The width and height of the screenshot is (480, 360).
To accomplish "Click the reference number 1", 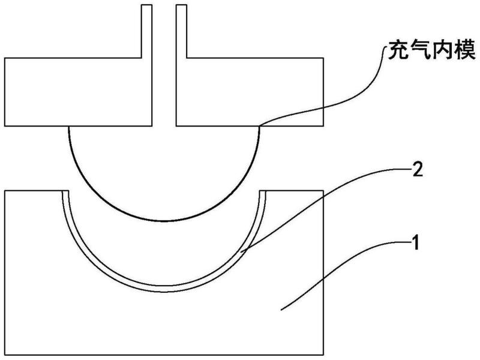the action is click(415, 243).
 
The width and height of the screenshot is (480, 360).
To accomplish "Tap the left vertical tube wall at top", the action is click(146, 31).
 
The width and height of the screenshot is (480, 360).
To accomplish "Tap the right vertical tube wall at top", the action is click(181, 31).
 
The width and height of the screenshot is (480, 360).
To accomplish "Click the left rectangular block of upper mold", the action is click(79, 92).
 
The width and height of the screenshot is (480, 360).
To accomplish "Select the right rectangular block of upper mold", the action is click(250, 92).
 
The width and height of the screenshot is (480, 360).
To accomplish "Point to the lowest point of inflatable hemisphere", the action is click(164, 221).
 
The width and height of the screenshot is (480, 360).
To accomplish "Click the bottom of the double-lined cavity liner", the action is click(164, 289).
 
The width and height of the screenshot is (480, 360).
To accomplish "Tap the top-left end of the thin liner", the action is click(65, 191).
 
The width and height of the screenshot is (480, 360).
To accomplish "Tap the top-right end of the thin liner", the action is click(263, 191).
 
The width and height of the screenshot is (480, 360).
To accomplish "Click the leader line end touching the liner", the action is click(242, 252).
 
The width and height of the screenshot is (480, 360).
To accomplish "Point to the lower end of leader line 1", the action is click(281, 310).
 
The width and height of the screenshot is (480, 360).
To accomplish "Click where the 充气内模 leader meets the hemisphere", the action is click(260, 125).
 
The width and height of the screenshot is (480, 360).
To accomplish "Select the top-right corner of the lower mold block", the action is click(323, 191).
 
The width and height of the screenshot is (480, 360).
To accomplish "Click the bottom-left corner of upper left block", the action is click(5, 126).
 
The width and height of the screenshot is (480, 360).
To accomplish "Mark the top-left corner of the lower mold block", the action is click(5, 191).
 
